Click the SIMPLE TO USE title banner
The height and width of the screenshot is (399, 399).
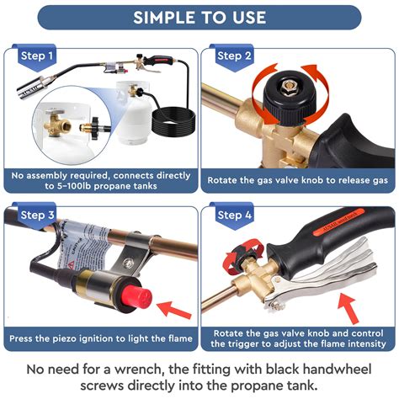pyautogui.click(x=199, y=17)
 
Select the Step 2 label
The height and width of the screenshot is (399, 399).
pyautogui.click(x=235, y=56)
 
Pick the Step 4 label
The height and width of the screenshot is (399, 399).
pyautogui.click(x=235, y=216)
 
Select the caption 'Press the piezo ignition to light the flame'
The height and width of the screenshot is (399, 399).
pyautogui.click(x=100, y=339)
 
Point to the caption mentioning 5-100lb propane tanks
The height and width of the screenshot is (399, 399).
pyautogui.click(x=100, y=179)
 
